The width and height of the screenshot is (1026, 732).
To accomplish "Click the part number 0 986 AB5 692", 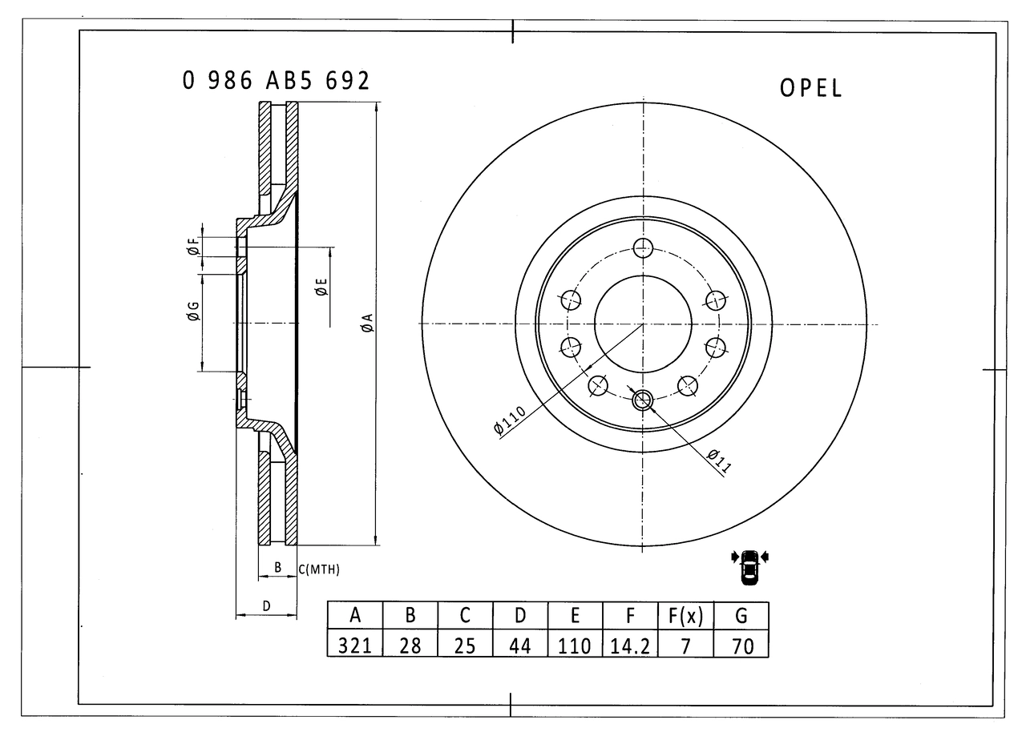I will click(277, 81).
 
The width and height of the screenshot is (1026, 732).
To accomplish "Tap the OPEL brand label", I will click(811, 88).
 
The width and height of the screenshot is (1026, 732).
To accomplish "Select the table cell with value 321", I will click(355, 645).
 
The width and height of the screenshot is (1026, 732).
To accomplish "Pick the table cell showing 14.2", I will click(630, 645).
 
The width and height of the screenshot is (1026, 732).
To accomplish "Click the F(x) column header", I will click(685, 616).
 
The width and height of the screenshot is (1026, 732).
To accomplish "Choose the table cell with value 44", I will click(520, 645).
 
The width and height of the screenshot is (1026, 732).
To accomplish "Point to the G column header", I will click(741, 616).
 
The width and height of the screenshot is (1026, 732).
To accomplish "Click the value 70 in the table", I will click(741, 645).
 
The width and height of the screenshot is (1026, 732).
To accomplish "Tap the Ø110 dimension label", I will click(510, 420).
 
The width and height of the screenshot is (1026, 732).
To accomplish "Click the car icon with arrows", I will click(749, 566).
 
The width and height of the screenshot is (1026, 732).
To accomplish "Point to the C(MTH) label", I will click(319, 570).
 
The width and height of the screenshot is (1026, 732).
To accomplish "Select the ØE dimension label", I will click(321, 288).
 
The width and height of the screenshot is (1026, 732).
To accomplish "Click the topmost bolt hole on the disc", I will click(643, 247).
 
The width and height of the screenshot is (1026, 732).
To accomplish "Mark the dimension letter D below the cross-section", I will click(266, 606).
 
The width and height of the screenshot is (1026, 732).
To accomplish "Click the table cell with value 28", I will click(410, 645).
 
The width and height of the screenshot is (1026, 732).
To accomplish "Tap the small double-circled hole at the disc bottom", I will click(643, 400).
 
